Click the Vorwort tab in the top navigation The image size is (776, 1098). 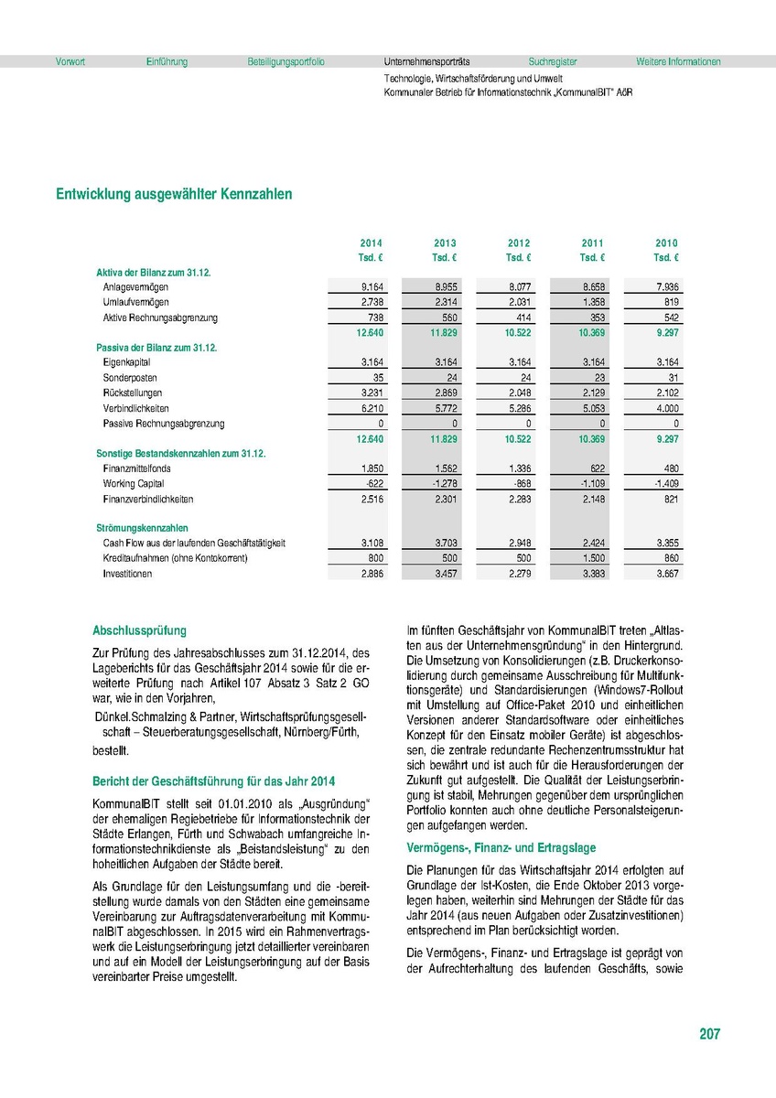70,62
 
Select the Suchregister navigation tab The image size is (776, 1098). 553,62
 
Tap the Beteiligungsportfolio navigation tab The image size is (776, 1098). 286,62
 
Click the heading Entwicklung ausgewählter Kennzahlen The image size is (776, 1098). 174,195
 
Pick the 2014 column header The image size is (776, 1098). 371,243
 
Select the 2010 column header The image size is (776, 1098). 666,243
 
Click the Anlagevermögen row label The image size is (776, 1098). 135,287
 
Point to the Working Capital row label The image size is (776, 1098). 133,484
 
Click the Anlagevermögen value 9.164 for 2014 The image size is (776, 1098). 371,287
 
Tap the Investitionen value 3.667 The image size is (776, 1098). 666,574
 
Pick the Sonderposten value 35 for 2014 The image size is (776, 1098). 376,378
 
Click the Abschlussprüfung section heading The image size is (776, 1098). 139,630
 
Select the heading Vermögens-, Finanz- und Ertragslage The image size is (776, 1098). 501,849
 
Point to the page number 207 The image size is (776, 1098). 709,1034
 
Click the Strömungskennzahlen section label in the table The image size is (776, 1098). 142,528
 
